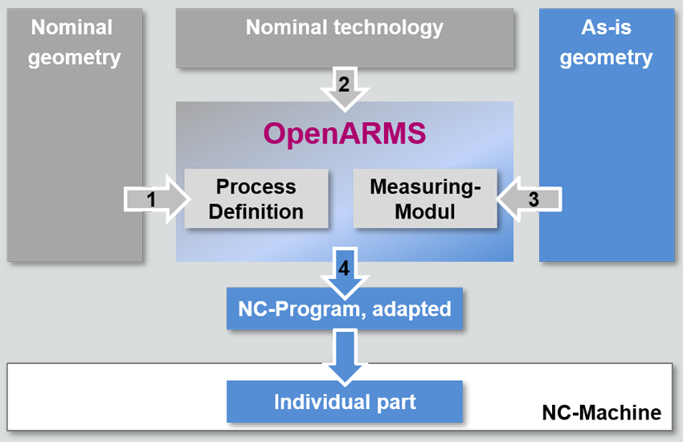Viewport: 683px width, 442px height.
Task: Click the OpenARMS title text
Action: point(345,134)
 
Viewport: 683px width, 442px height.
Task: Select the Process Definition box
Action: point(256,198)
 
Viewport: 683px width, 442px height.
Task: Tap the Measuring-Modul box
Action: point(425,198)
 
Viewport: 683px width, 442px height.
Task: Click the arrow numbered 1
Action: point(157,199)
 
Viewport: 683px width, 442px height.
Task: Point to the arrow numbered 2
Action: point(345,89)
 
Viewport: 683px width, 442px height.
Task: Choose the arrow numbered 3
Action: point(529,199)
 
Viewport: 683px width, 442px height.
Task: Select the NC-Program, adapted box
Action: point(345,309)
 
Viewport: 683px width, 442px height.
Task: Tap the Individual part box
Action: point(345,402)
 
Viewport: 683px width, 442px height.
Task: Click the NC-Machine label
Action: point(602,412)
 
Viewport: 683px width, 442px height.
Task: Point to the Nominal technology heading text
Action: point(345,27)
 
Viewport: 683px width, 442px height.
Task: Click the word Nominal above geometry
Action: point(72,27)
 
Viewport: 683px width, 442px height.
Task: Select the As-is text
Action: point(606,27)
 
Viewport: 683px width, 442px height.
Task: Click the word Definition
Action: point(256,211)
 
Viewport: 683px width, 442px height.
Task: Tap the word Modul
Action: point(425,211)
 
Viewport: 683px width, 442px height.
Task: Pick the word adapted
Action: point(411,309)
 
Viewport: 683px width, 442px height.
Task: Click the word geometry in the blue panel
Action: point(606,58)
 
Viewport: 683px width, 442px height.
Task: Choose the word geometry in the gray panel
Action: point(74,58)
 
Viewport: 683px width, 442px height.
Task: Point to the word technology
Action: point(388,28)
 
